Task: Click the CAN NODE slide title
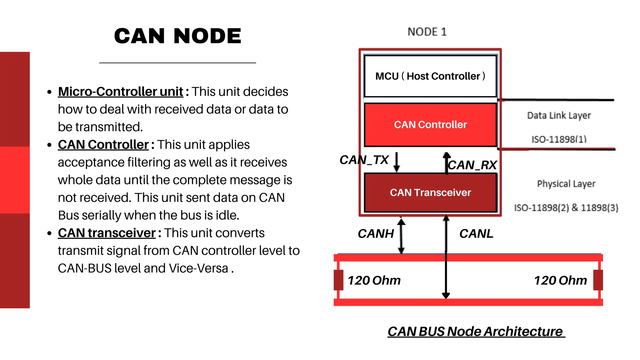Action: (177, 36)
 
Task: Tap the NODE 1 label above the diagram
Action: (427, 32)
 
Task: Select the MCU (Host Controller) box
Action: (430, 76)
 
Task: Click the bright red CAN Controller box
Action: (430, 125)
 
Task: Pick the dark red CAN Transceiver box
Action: (430, 192)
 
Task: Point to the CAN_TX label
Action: (364, 160)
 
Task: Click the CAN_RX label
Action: (472, 165)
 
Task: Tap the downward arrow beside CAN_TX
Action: (397, 162)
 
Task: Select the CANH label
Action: (376, 234)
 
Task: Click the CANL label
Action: (476, 234)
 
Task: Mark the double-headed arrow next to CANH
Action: (401, 236)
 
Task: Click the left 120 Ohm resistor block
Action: (338, 280)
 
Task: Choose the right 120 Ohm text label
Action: (560, 280)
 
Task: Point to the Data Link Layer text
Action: (559, 116)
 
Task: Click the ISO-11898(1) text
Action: (559, 139)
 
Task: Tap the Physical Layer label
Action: (566, 184)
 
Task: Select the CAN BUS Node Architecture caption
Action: (476, 332)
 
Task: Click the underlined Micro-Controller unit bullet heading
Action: (120, 92)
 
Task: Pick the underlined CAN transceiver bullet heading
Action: (107, 233)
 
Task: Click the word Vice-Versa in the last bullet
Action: (198, 268)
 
